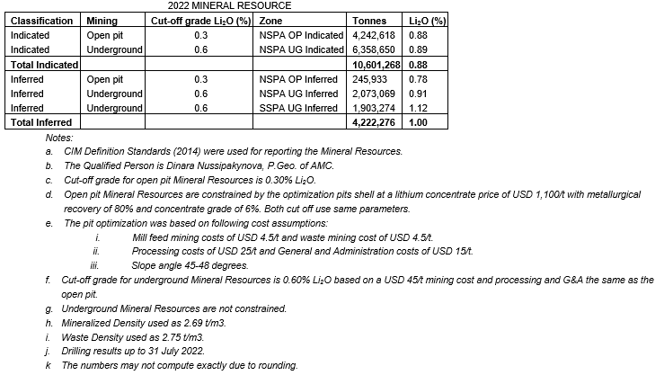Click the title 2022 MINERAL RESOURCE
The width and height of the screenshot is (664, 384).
point(217,5)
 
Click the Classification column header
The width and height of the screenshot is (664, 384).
point(42,20)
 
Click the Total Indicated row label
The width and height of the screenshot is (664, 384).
point(42,65)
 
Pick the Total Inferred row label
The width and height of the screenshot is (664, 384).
point(40,122)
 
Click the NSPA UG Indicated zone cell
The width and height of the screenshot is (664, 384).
point(300,49)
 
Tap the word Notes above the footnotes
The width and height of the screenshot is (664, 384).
point(59,138)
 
